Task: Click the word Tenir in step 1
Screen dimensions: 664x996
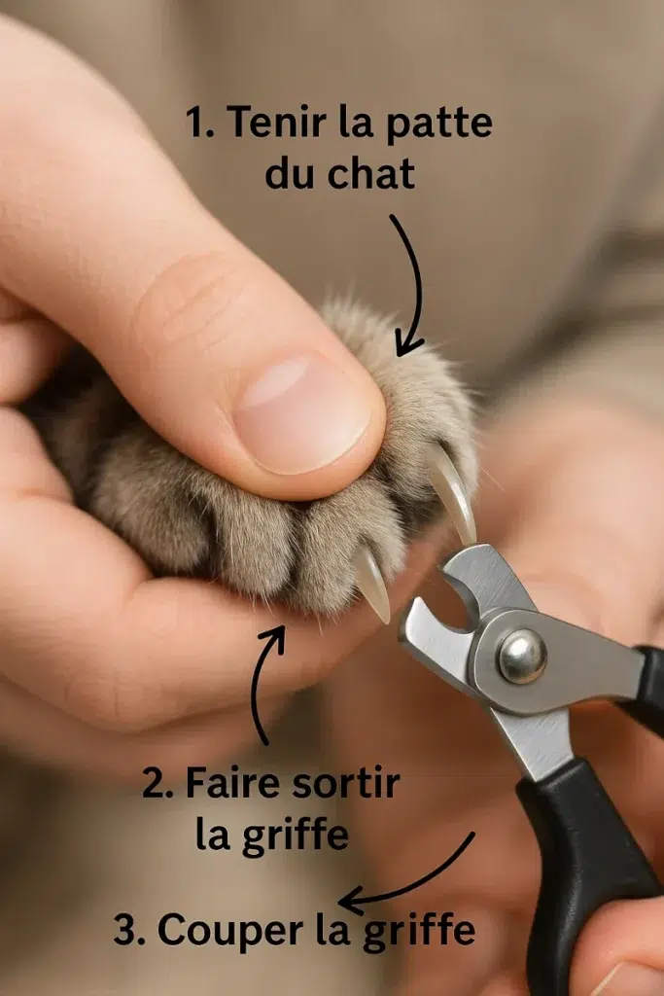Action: coord(278,122)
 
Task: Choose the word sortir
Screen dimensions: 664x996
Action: coord(345,783)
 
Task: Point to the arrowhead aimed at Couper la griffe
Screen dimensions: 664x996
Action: coord(350,902)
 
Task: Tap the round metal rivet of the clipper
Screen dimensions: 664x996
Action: coord(522,656)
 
